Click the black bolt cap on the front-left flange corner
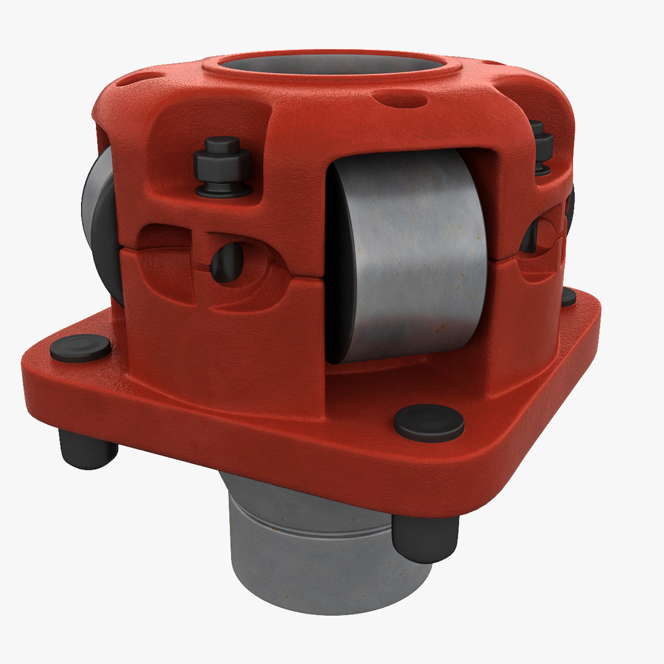point(81,348)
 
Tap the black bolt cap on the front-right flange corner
point(429,423)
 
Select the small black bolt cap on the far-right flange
point(569,297)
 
